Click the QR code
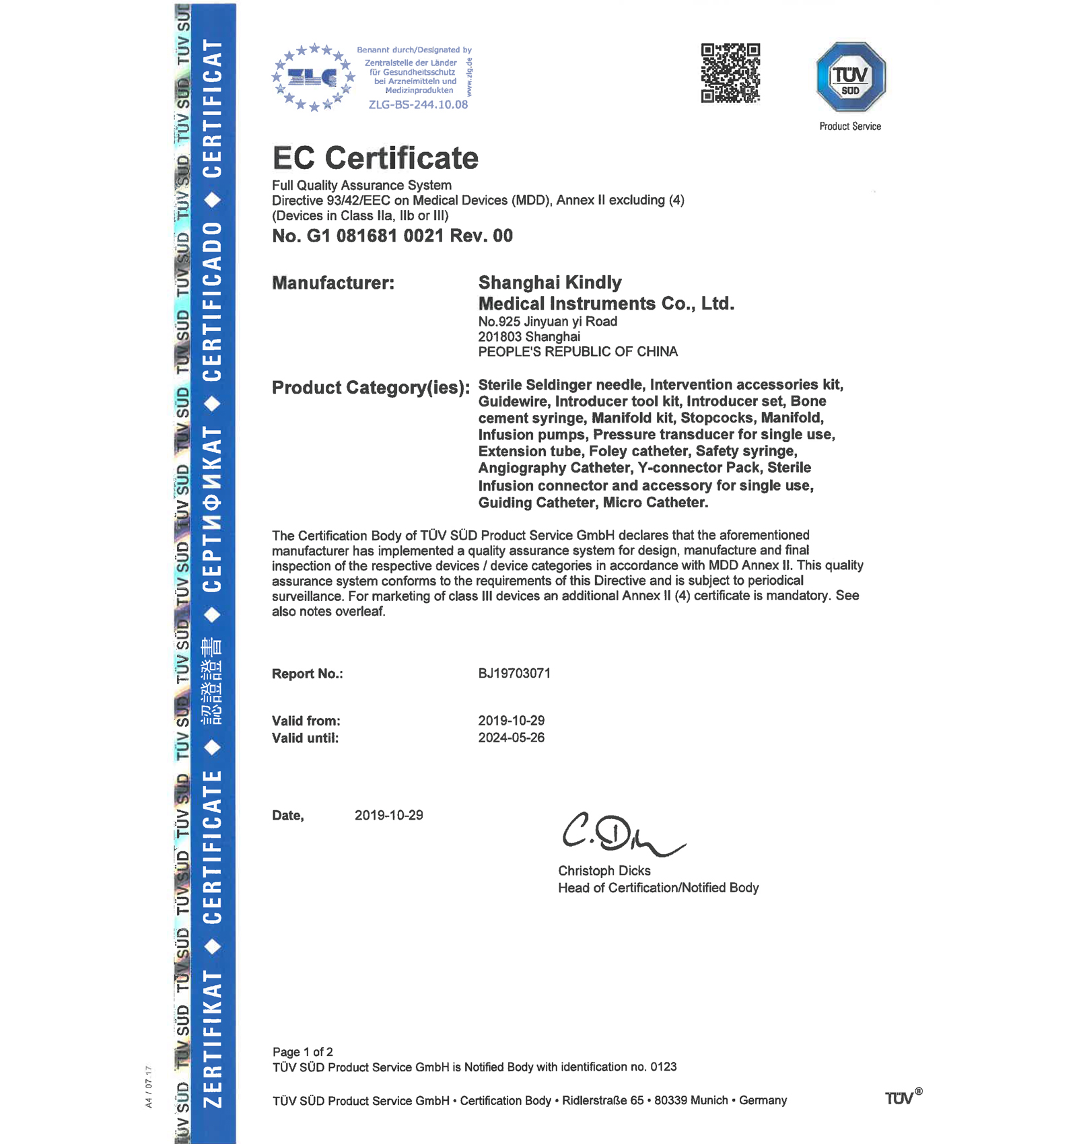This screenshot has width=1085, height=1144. tap(730, 73)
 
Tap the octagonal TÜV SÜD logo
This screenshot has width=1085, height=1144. tap(851, 77)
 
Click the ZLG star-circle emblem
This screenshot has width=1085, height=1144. tap(313, 77)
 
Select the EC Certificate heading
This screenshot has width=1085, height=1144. tap(375, 158)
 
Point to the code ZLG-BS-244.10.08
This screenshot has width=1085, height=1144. tap(418, 105)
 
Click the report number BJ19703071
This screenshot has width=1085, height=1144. tap(514, 674)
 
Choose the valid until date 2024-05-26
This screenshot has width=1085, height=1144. tap(511, 738)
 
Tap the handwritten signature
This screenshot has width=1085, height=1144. tap(619, 834)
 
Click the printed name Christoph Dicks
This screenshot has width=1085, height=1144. tap(604, 871)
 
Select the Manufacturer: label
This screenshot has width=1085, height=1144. tap(333, 283)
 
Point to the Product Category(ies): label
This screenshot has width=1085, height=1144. tap(371, 388)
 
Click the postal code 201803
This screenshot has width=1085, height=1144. tap(500, 336)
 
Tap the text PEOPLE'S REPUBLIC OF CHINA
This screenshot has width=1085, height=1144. tap(577, 352)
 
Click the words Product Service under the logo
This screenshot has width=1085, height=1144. tap(850, 127)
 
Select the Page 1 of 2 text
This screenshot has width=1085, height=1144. tap(303, 1052)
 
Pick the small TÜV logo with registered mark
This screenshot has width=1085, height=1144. tap(902, 1098)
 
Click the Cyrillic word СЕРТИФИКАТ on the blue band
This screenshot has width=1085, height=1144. tap(213, 509)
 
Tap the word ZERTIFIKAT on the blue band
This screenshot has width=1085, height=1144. tap(213, 1038)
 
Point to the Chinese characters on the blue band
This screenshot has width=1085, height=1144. tap(213, 681)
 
